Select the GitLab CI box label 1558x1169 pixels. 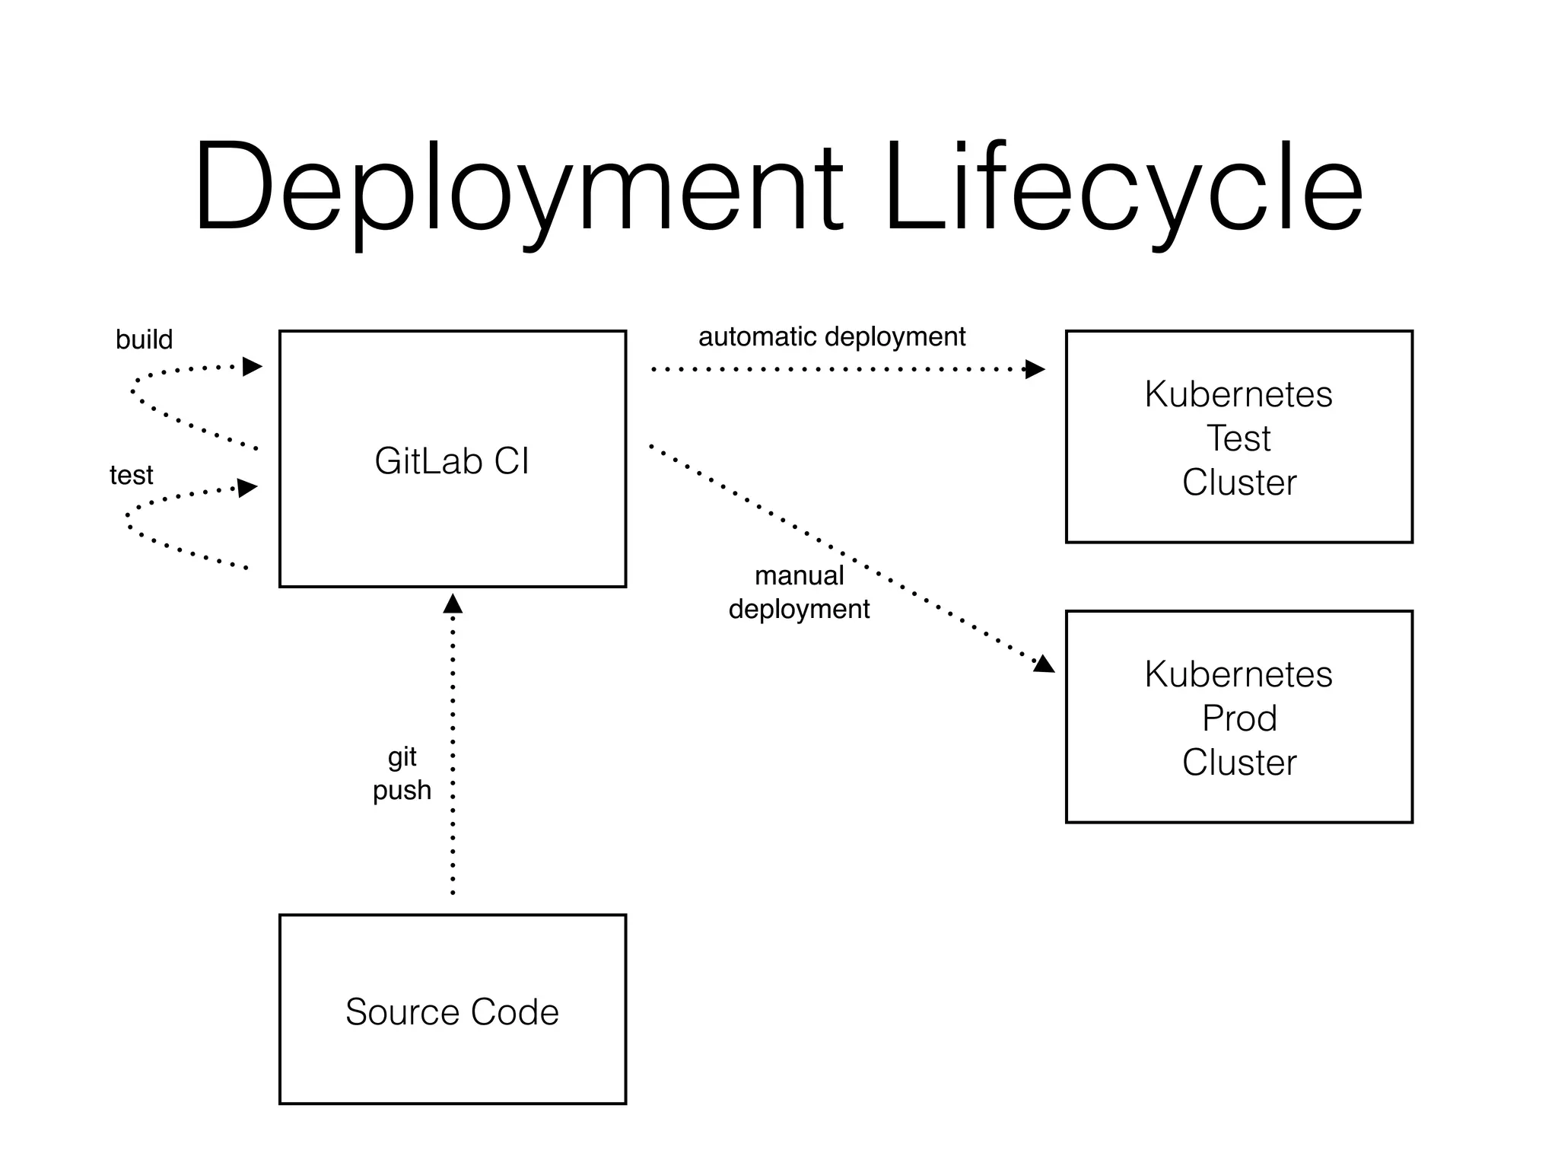coord(452,460)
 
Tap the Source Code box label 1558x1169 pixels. coord(452,1011)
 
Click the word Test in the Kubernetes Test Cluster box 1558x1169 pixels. coord(1238,438)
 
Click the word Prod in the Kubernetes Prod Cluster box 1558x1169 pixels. coord(1238,718)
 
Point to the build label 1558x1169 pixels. coord(144,339)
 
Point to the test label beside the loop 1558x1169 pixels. coord(131,475)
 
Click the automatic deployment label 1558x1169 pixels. coord(831,336)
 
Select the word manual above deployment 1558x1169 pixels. coord(799,575)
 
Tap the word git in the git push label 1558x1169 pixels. coord(402,757)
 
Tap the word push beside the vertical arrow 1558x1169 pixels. coord(402,790)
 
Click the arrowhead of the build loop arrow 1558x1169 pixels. coord(252,367)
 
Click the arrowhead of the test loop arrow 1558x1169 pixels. coord(247,487)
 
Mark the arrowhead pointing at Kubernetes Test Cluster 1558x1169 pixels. coord(1035,369)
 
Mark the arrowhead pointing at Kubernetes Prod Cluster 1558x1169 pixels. coord(1044,664)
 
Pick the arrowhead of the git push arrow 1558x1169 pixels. coord(453,604)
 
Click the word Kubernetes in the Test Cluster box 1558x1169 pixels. coord(1238,394)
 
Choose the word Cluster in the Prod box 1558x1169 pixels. coord(1238,763)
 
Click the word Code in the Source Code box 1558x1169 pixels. coord(514,1011)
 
